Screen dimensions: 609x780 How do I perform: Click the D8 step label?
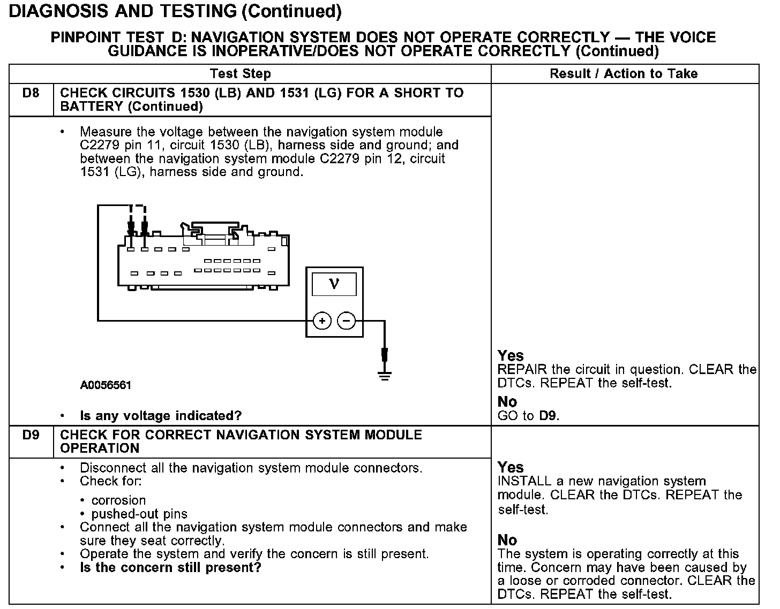click(x=31, y=93)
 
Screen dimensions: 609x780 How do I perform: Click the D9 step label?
click(x=31, y=435)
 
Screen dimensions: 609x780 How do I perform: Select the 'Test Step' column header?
click(x=241, y=74)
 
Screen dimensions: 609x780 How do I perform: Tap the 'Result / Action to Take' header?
click(x=624, y=74)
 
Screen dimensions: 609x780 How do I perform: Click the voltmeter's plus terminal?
click(x=322, y=321)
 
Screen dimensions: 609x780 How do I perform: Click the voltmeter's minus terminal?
click(x=347, y=321)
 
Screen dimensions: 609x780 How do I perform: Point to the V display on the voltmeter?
click(x=334, y=284)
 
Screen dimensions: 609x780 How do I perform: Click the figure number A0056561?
click(x=106, y=385)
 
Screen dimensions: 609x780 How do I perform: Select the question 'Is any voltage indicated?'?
click(x=161, y=416)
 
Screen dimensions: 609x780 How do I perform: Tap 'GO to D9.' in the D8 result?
click(x=528, y=416)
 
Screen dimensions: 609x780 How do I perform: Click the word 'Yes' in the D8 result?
click(x=511, y=356)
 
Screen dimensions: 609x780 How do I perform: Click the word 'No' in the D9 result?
click(x=507, y=540)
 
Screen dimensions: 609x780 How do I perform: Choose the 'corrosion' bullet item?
click(x=118, y=500)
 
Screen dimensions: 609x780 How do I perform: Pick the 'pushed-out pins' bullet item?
click(x=139, y=514)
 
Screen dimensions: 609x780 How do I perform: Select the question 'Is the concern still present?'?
click(x=170, y=567)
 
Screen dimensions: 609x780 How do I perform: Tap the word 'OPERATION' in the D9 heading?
click(x=100, y=448)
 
